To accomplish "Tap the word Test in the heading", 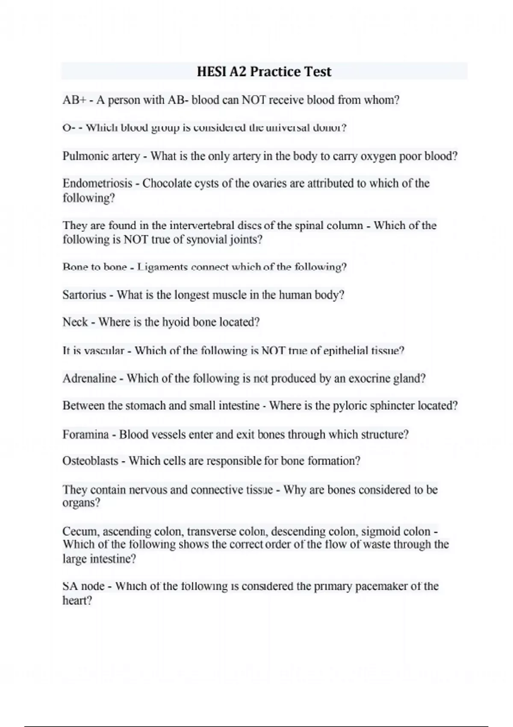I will point(317,71).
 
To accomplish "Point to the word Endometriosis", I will point(97,183).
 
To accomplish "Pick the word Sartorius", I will point(84,295).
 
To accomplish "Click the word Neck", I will point(75,322).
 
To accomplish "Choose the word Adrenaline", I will point(89,378).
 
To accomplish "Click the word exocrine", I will point(369,378).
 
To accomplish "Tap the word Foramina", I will point(85,434).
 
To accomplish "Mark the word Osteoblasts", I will point(90,461).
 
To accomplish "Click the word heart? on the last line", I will point(77,600).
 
